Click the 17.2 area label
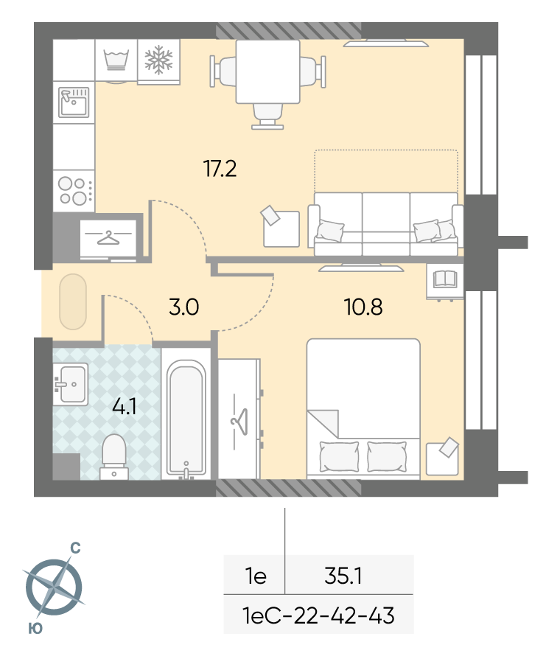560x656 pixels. pos(220,169)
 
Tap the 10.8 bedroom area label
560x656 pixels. pos(363,307)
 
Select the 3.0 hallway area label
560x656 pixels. pos(184,307)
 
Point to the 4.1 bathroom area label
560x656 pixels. pos(125,406)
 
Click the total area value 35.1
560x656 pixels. pos(343,576)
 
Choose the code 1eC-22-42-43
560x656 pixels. pos(318,615)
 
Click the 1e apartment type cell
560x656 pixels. pos(256,576)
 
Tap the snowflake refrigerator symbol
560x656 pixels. pos(158,60)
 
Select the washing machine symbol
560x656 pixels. pos(116,60)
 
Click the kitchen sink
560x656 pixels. pos(74,102)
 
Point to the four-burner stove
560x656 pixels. pos(74,191)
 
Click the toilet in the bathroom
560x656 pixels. pos(114,457)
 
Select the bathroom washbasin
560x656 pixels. pos(70,384)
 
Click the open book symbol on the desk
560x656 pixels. pos(445,279)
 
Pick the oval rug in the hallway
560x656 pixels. pos(73,301)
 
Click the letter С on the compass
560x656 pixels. pos(75,548)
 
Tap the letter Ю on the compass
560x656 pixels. pos(35,628)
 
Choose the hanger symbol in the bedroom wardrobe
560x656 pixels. pos(239,422)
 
